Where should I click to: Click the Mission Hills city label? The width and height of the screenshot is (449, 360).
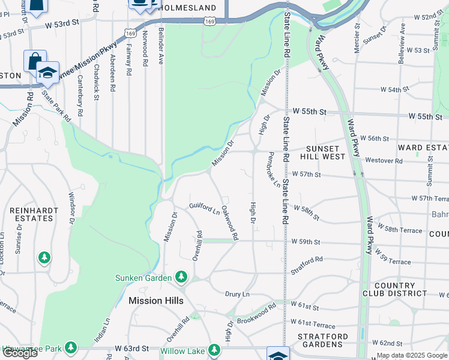(155, 301)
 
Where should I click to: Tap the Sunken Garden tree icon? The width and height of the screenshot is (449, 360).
(181, 277)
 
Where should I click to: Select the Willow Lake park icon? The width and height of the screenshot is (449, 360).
(214, 350)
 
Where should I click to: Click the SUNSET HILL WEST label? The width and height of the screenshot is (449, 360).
(325, 152)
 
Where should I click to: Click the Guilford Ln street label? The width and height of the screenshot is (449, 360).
(205, 209)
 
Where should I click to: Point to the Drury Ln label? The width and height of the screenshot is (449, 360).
(237, 295)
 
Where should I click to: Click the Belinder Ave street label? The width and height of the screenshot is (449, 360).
(161, 46)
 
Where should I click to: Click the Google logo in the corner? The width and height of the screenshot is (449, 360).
(19, 353)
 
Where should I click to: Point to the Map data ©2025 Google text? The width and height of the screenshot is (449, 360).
(411, 355)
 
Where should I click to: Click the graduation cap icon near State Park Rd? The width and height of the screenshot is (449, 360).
(47, 73)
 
